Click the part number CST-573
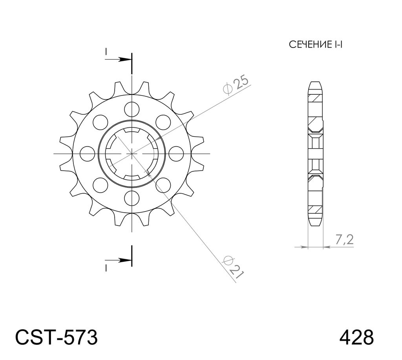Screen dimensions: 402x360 tap(57, 337)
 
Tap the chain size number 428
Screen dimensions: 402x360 tap(356, 337)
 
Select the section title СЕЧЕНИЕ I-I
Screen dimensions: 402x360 tap(316, 45)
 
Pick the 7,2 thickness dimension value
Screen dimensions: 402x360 tap(344, 240)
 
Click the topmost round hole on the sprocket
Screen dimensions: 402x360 tap(132, 109)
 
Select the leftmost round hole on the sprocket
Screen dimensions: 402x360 tap(87, 154)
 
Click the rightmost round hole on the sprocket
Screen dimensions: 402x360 tap(176, 154)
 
